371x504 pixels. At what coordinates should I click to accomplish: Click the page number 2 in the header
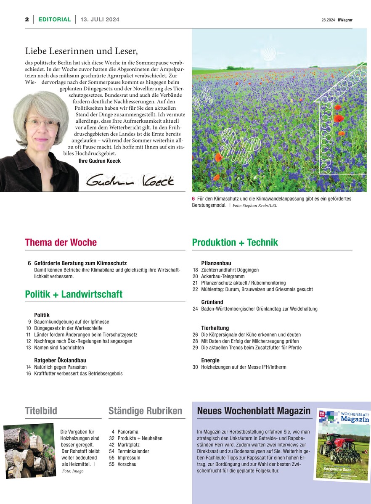26,19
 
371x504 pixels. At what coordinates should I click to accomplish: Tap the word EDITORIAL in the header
54,19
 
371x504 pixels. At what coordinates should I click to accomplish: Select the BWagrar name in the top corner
345,20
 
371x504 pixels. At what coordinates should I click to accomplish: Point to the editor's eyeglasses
42,124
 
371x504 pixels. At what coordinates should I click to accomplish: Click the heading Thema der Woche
61,243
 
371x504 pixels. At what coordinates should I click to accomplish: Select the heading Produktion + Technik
235,243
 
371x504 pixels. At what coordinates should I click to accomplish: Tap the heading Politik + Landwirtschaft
74,294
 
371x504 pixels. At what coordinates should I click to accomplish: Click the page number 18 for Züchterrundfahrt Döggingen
195,270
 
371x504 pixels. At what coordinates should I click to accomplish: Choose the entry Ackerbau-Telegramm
223,277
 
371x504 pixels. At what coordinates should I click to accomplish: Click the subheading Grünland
212,302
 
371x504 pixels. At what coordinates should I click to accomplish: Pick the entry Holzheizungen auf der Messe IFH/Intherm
244,367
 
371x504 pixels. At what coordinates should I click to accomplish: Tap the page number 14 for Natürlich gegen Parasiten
28,367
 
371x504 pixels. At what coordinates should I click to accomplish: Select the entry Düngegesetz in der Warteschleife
68,328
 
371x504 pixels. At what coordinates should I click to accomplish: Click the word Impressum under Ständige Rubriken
129,458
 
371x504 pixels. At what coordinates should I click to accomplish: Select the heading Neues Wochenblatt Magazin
254,411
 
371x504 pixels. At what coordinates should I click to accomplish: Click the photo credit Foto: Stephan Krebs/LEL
255,206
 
